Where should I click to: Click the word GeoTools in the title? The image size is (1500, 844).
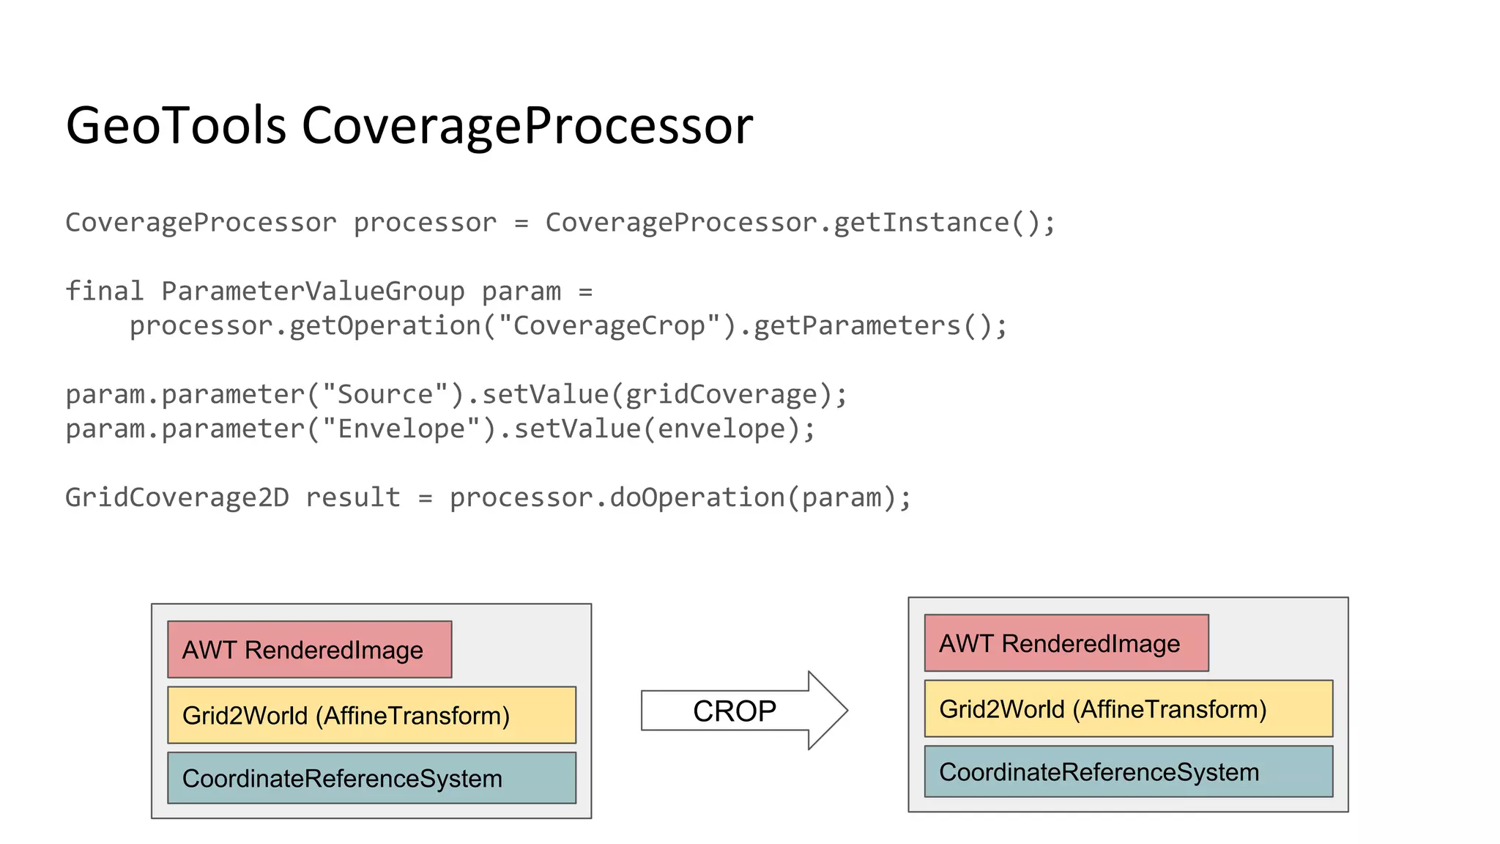(176, 125)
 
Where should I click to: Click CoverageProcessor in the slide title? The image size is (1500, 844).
(527, 125)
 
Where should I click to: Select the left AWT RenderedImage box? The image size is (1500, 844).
(309, 650)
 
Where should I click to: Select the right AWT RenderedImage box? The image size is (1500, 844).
(1066, 643)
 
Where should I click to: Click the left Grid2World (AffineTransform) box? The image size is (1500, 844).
(371, 715)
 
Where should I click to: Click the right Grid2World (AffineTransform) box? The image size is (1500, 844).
(1128, 708)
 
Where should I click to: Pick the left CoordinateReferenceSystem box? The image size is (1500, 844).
(371, 778)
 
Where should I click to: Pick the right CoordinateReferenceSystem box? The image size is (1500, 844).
(1128, 771)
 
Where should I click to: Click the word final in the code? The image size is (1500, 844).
(104, 292)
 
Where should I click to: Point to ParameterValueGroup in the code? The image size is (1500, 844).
(313, 292)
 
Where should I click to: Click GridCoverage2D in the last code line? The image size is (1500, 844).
(177, 498)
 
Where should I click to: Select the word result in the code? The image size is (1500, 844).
(353, 498)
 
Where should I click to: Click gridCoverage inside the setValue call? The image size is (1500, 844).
(721, 395)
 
